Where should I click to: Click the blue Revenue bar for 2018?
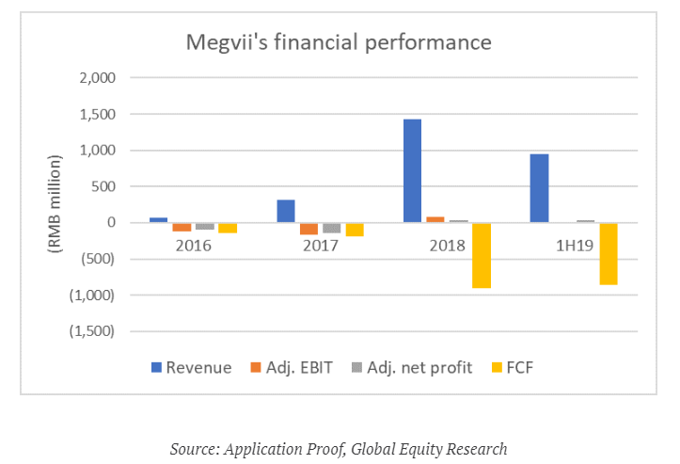point(412,171)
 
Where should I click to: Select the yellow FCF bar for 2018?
point(481,255)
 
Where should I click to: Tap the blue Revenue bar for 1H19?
point(539,188)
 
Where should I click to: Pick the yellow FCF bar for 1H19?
point(608,253)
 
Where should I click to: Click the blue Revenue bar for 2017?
point(286,211)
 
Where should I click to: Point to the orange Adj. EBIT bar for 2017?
point(308,229)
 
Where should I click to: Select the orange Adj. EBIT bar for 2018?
point(435,219)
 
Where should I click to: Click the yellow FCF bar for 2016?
point(228,228)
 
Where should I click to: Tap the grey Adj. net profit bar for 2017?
point(331,228)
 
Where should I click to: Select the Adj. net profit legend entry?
point(401,367)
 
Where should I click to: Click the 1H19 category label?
point(573,245)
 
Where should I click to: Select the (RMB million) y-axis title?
point(54,204)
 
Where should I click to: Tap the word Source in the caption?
point(193,448)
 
